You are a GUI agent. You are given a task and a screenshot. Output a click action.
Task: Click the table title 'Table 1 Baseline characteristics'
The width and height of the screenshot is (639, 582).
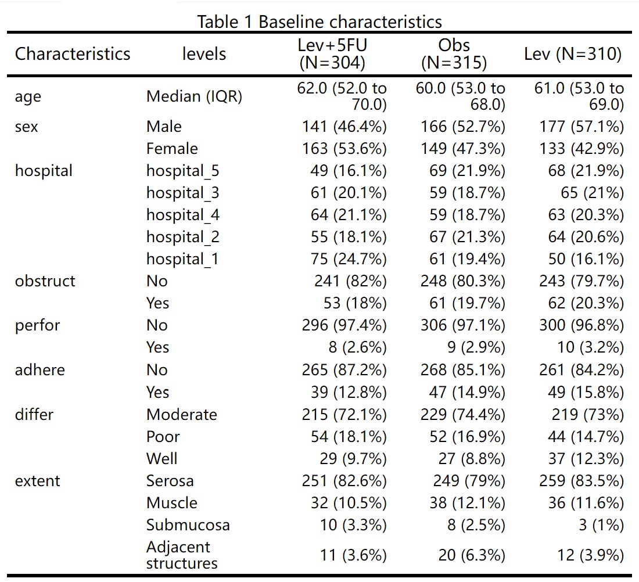(319, 21)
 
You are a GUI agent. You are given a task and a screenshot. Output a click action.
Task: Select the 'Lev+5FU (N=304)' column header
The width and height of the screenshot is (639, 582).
(332, 54)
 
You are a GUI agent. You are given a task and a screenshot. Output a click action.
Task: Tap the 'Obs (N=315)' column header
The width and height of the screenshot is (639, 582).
(454, 54)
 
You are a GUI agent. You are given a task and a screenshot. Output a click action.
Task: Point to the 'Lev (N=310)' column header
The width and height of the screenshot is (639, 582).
(573, 54)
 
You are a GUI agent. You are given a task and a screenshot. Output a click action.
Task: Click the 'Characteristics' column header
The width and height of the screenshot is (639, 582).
(73, 54)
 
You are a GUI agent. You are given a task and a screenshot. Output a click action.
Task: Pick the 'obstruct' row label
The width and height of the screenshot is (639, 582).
(45, 281)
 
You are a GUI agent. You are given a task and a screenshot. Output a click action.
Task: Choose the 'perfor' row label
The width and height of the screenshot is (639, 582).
(38, 325)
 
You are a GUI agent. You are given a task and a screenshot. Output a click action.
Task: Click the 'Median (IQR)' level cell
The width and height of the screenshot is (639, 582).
(194, 96)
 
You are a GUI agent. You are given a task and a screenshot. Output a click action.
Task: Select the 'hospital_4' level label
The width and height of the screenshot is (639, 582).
(183, 215)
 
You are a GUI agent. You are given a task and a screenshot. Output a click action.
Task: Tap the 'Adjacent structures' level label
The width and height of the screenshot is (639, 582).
(182, 555)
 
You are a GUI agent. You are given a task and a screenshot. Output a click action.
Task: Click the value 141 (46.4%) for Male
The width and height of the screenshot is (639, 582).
(344, 127)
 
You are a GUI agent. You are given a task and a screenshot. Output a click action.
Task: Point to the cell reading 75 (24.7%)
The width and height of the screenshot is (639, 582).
(349, 259)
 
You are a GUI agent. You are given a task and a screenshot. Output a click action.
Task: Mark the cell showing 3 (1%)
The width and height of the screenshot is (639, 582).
(601, 525)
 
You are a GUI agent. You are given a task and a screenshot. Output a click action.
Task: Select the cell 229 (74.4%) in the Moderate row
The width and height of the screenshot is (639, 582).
(463, 415)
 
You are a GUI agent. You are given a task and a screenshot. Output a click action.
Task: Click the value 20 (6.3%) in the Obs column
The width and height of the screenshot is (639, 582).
(472, 555)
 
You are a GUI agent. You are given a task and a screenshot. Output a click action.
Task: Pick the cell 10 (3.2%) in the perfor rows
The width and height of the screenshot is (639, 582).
(591, 347)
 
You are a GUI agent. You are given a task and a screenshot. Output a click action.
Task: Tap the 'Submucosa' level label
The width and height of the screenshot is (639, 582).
(188, 525)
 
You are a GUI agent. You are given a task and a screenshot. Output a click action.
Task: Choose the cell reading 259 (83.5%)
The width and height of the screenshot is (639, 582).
(581, 481)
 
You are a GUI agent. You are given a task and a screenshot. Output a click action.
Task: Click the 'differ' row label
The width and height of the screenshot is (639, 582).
(34, 415)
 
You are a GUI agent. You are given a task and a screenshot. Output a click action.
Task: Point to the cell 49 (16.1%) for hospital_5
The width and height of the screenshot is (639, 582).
(349, 170)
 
